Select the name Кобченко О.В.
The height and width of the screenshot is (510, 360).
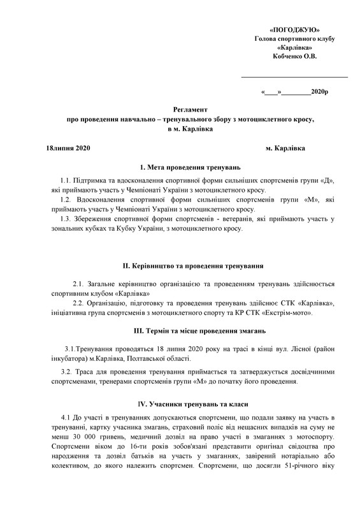coord(294,56)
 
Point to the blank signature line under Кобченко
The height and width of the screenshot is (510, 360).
coord(294,76)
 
